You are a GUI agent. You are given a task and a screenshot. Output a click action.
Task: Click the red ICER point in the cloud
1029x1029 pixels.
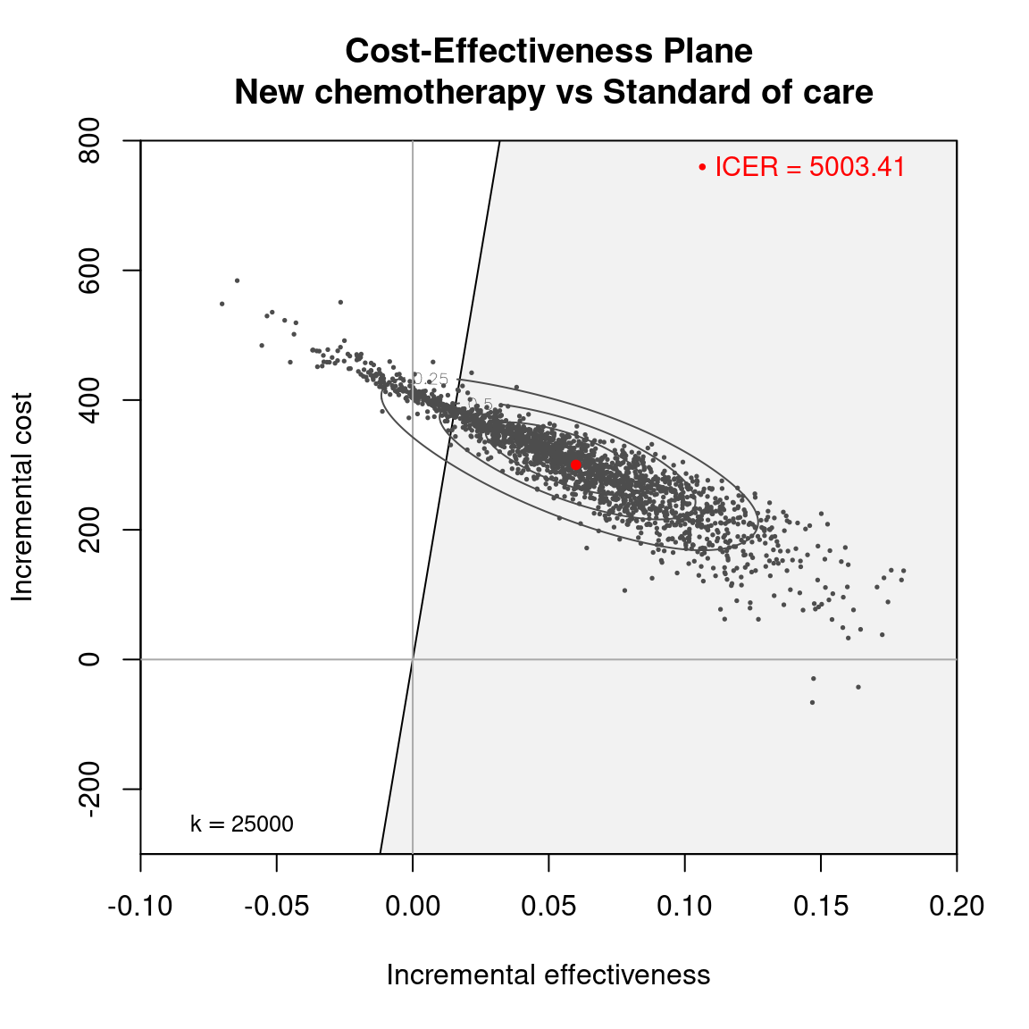(x=576, y=464)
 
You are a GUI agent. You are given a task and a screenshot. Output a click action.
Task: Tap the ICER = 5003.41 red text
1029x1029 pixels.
(x=810, y=167)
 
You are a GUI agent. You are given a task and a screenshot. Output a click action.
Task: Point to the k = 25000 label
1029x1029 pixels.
(x=242, y=824)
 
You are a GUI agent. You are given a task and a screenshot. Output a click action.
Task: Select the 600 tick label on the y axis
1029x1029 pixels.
(x=89, y=271)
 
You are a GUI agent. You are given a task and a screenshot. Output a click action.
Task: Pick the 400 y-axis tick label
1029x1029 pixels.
(x=89, y=400)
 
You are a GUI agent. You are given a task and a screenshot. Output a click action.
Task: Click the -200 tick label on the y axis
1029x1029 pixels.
(x=89, y=789)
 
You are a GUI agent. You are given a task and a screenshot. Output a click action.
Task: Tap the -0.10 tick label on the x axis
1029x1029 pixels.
(x=140, y=906)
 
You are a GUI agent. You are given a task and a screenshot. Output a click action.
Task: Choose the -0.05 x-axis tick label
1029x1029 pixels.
(x=276, y=906)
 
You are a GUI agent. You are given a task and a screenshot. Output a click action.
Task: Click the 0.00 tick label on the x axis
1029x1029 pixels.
(x=413, y=906)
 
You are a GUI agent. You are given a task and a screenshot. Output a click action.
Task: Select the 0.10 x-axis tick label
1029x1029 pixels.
(x=684, y=906)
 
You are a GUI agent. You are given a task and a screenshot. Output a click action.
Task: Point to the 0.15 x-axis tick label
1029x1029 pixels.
(x=821, y=906)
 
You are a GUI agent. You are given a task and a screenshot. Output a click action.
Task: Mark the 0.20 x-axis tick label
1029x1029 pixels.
(x=957, y=906)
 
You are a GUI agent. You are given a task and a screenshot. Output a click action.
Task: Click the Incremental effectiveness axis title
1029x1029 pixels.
(x=548, y=975)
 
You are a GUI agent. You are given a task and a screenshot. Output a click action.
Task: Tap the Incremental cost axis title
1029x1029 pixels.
(x=22, y=497)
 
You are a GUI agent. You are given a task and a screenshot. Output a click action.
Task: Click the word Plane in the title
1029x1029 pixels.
(x=707, y=51)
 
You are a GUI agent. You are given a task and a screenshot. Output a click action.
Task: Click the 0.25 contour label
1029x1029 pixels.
(x=432, y=380)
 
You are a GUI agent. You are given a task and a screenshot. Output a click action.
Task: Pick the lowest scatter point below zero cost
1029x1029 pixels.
(x=812, y=702)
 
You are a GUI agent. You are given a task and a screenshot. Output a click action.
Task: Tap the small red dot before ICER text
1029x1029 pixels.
(x=702, y=167)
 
